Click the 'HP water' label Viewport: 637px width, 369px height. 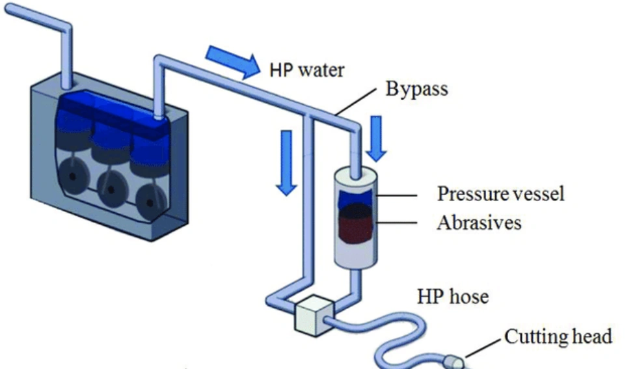pos(306,70)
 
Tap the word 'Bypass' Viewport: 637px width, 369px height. pos(416,89)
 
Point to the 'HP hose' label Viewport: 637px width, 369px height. pos(452,297)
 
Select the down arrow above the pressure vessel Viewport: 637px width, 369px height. pos(375,138)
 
